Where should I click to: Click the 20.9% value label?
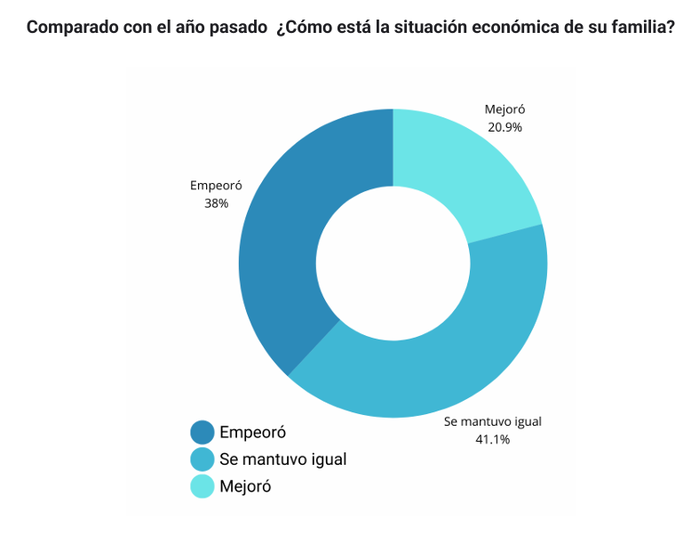point(504,127)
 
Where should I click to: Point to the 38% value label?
point(216,203)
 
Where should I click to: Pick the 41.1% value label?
point(493,438)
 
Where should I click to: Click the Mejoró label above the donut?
point(504,110)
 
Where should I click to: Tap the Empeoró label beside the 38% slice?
point(216,186)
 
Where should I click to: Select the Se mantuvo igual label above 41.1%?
point(493,421)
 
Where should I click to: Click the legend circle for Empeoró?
point(203,433)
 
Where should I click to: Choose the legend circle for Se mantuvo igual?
point(203,459)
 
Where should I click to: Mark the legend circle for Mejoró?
point(203,486)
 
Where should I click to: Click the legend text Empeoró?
point(252,433)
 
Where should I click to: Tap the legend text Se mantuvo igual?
point(282,459)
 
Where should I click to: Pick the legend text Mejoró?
point(244,486)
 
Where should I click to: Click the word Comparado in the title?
point(68,28)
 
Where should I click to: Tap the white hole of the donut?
point(393,264)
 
